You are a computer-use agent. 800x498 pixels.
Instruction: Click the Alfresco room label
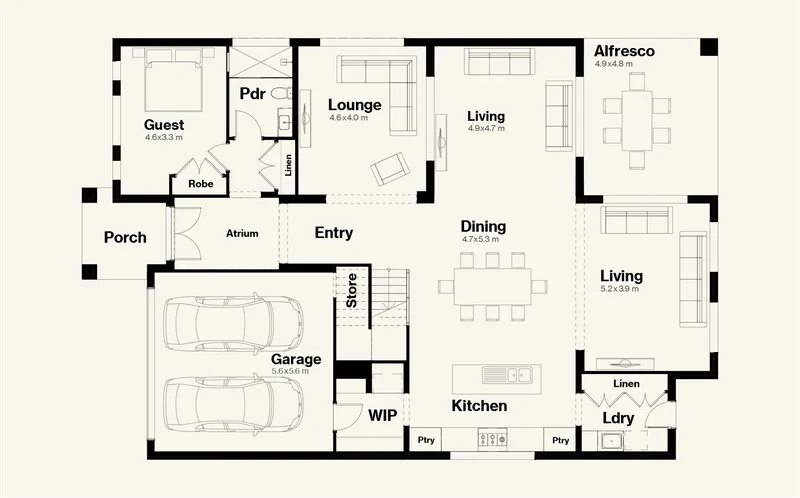click(624, 51)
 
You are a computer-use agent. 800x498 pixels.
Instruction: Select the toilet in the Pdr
click(280, 93)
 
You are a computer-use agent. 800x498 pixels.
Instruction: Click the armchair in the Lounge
click(389, 168)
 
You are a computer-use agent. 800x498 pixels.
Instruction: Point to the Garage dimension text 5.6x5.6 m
click(290, 371)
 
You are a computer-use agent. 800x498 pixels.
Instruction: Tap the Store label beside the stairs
click(352, 290)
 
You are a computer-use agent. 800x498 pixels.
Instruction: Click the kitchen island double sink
click(507, 375)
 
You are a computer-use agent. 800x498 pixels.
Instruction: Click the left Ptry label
click(426, 440)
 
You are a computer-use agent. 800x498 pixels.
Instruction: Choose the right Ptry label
click(560, 440)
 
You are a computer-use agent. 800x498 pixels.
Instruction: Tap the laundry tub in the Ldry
click(610, 440)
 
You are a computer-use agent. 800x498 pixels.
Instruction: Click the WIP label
click(383, 416)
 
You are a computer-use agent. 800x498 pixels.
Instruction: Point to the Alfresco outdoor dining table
click(637, 121)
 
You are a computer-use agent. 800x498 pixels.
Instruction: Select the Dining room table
click(492, 287)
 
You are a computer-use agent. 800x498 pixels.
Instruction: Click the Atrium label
click(242, 234)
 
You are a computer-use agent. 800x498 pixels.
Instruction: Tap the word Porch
click(125, 237)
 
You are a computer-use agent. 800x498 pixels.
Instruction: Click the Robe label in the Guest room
click(201, 184)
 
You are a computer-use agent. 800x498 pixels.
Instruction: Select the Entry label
click(334, 233)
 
